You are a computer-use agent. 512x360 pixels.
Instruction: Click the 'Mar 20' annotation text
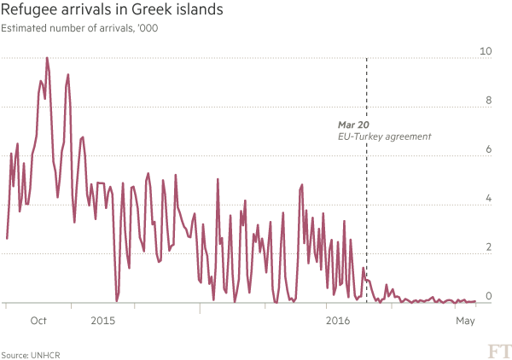352,125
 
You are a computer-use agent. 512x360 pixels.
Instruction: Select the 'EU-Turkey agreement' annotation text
385,136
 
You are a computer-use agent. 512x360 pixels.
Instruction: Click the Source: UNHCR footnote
24,353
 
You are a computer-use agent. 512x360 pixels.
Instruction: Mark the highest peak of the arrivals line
47,59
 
